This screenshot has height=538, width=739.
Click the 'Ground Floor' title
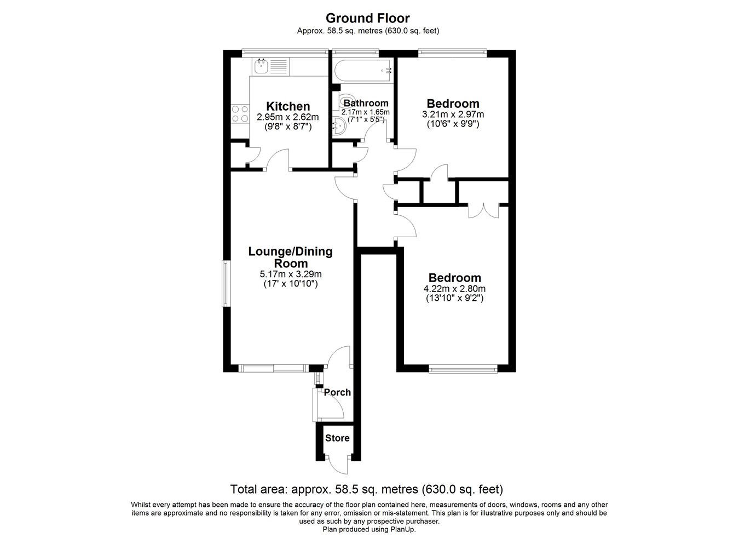(367, 18)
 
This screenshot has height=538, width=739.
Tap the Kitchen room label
(288, 106)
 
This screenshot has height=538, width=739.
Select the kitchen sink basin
(261, 66)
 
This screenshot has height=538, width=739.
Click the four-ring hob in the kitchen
(240, 113)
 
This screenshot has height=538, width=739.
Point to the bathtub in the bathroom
(363, 70)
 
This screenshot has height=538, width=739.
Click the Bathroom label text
(366, 104)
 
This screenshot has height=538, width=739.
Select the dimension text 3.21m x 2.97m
(453, 115)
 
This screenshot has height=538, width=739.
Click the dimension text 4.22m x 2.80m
(454, 289)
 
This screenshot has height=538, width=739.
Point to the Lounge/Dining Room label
(290, 257)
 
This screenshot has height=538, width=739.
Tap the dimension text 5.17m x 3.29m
(291, 274)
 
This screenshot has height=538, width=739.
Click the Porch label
(337, 392)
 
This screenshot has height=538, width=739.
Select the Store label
(337, 438)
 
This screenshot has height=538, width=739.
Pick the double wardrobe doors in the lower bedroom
(484, 212)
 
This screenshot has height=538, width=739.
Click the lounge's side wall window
(226, 283)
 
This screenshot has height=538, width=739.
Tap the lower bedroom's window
(463, 369)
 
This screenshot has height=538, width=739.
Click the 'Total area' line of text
(367, 489)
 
